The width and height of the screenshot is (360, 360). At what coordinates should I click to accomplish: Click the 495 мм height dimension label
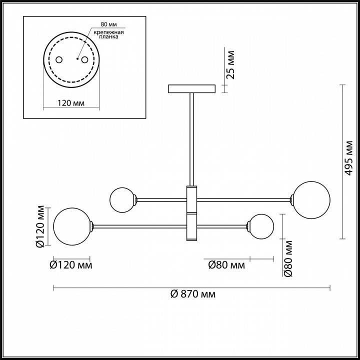click(x=349, y=158)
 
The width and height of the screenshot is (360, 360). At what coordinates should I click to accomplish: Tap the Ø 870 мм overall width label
click(x=193, y=294)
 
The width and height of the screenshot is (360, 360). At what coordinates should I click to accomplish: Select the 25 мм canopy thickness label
click(x=230, y=65)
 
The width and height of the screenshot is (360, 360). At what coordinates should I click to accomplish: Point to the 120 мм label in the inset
click(x=71, y=103)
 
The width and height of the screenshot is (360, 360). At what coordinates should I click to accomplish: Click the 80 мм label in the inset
click(x=108, y=24)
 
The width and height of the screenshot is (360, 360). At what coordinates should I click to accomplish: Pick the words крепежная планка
click(x=109, y=34)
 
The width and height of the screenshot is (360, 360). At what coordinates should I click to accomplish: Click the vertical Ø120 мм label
click(x=40, y=226)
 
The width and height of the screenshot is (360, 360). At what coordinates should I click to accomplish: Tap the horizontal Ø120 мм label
click(x=71, y=265)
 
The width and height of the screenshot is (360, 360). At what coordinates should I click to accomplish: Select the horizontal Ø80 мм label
click(x=226, y=265)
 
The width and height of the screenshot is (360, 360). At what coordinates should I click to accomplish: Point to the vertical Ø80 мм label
click(x=288, y=258)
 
